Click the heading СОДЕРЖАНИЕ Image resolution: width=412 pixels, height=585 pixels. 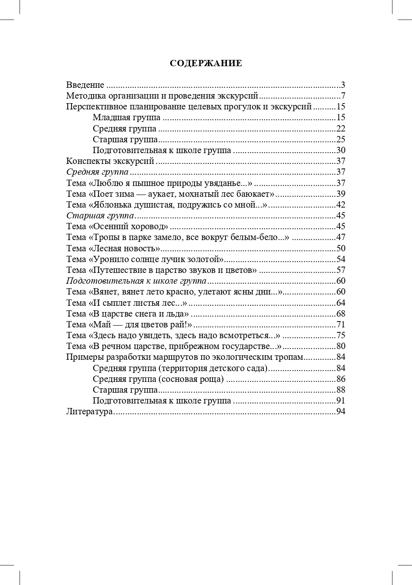206,63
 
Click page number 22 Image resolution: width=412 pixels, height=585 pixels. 341,129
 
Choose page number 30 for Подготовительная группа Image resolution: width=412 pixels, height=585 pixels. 341,150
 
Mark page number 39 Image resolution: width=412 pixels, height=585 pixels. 341,194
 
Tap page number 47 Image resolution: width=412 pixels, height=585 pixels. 341,237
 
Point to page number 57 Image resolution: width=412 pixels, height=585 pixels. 341,270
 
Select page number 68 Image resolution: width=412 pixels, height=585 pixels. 341,314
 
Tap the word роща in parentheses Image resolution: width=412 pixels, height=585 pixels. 210,379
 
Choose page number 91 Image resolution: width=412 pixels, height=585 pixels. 341,401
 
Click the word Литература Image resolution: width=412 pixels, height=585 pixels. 89,412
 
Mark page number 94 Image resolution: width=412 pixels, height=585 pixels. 341,412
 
